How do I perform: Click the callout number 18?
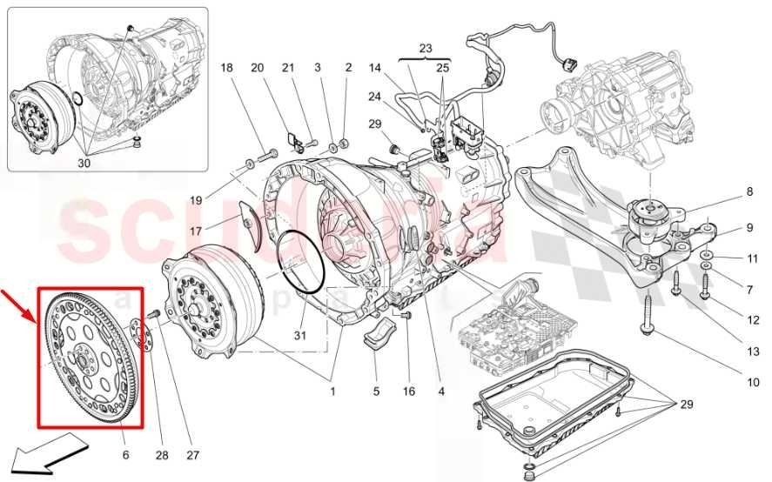point(226,68)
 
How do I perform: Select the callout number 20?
point(257,68)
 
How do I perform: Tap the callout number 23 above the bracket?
point(424,49)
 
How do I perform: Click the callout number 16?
point(409,392)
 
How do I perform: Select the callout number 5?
point(376,392)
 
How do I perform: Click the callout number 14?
point(375,68)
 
